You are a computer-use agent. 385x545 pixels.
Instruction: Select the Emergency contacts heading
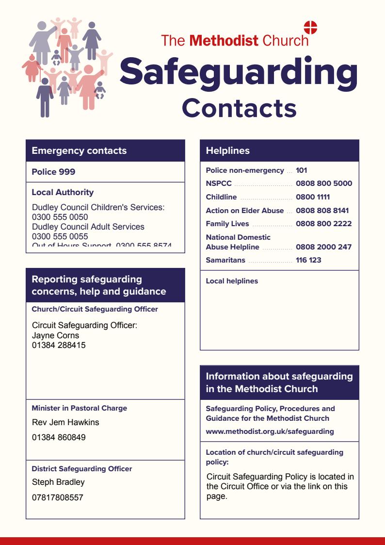(x=79, y=151)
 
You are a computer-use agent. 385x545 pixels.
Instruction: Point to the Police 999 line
(x=53, y=172)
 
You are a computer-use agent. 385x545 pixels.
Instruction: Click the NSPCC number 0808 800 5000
(x=324, y=183)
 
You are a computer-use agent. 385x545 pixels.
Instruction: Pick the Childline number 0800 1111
(x=313, y=197)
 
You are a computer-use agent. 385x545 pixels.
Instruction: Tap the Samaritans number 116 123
(x=308, y=260)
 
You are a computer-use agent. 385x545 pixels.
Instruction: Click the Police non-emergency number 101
(x=302, y=170)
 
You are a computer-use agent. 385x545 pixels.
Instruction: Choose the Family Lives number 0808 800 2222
(x=324, y=224)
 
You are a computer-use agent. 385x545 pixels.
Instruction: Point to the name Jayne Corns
(x=55, y=335)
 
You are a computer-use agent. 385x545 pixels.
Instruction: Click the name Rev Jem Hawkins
(x=65, y=422)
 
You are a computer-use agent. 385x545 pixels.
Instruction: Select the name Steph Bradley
(x=59, y=482)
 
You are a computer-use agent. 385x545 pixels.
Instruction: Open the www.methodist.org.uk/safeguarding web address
(x=270, y=431)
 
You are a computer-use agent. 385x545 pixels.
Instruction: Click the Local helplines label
(x=232, y=281)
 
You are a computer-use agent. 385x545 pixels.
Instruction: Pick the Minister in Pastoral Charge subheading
(x=79, y=408)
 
